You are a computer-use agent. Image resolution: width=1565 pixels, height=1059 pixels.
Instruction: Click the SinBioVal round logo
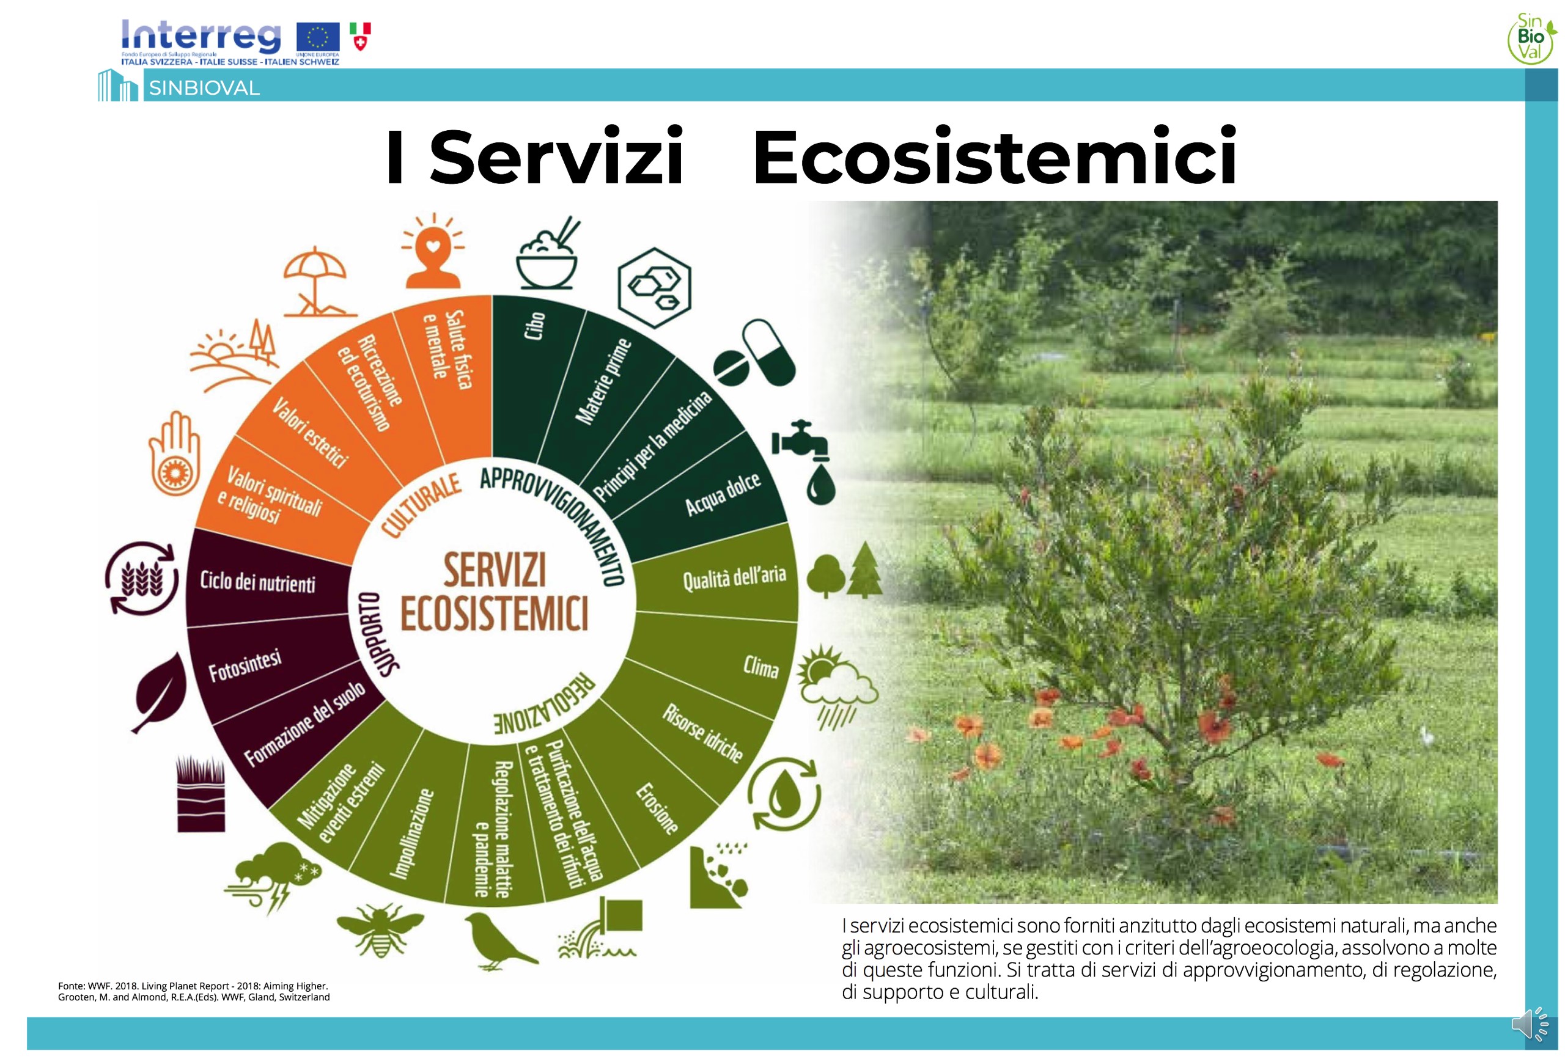click(1531, 38)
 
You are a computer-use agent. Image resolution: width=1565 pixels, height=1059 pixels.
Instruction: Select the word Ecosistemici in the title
click(995, 157)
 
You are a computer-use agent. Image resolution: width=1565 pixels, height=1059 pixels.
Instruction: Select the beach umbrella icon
click(317, 282)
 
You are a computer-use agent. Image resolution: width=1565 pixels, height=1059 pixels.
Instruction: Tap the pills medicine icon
click(755, 353)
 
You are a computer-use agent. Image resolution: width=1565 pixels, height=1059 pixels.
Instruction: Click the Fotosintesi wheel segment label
click(245, 667)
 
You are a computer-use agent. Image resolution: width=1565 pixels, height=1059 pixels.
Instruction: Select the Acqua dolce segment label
click(723, 494)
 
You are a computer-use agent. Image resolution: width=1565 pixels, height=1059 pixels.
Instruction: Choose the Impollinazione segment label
click(411, 834)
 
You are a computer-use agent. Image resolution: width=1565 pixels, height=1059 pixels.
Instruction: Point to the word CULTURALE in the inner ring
click(421, 505)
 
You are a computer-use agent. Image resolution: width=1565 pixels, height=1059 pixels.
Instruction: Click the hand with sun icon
click(174, 455)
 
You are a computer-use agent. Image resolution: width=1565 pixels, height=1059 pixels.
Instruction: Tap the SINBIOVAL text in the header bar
click(204, 88)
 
